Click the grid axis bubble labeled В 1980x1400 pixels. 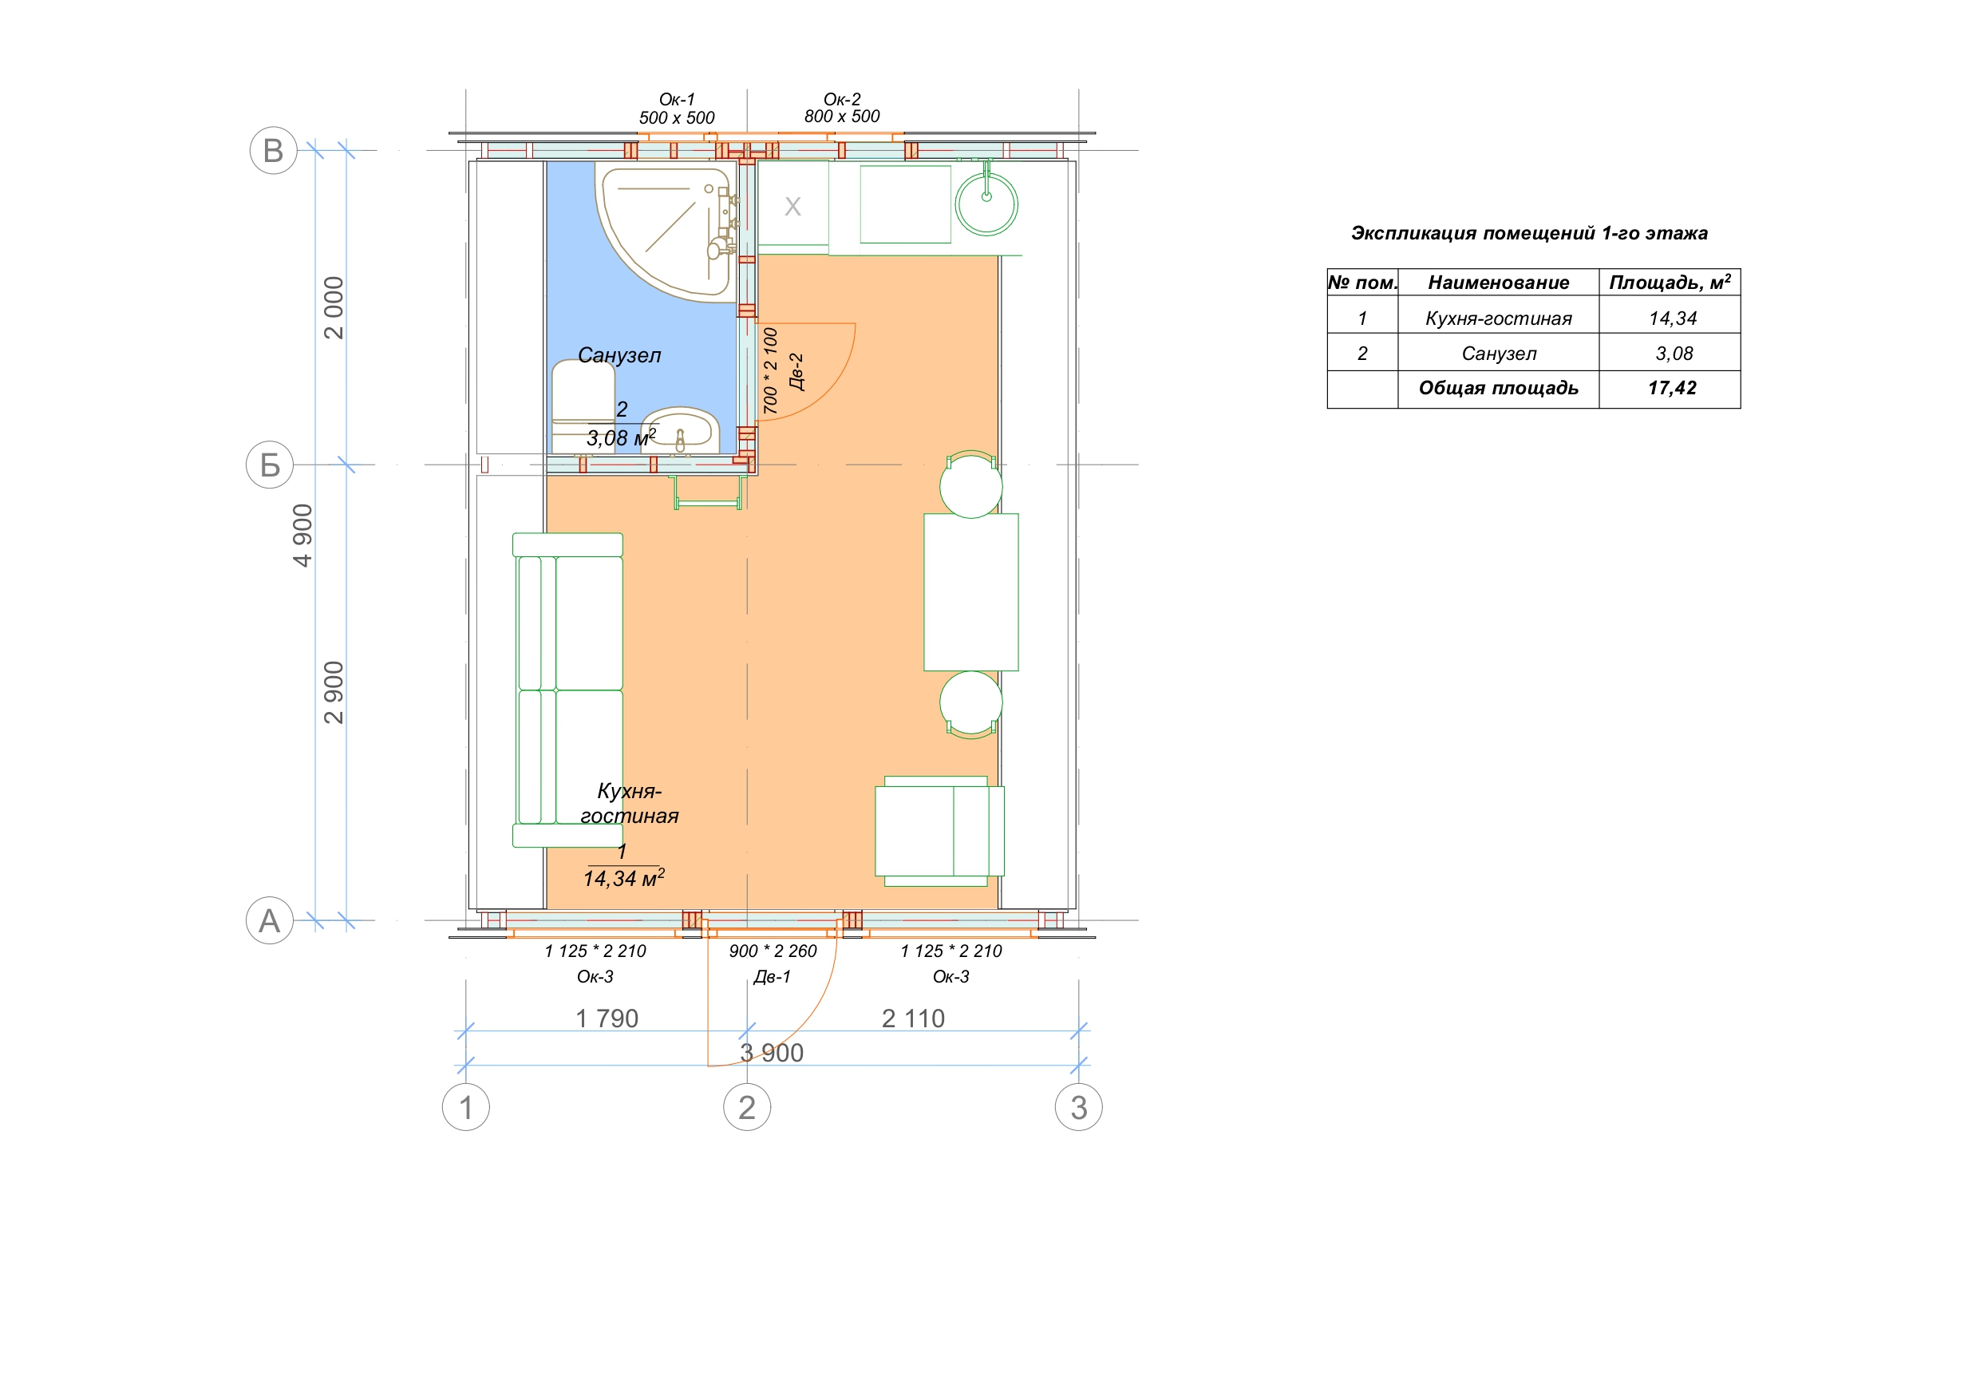pos(274,150)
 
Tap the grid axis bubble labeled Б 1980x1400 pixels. pos(270,465)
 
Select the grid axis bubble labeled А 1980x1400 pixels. pos(270,920)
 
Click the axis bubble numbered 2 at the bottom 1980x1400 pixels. pos(747,1107)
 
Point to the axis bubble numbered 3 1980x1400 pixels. pos(1079,1107)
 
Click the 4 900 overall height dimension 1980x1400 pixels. pos(302,535)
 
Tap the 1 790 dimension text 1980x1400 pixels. pos(607,1018)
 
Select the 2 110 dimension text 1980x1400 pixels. pos(913,1018)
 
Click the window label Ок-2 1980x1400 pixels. pos(842,99)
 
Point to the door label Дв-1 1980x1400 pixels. pos(772,976)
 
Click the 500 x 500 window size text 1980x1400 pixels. pos(677,117)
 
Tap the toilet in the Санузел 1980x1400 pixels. pos(581,406)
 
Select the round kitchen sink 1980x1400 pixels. pos(986,204)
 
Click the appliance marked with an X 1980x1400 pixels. pos(792,206)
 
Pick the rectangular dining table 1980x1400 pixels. pos(971,591)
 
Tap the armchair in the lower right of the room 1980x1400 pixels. pos(939,832)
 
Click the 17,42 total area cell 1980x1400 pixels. pos(1671,388)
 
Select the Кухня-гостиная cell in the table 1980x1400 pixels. pos(1498,318)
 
